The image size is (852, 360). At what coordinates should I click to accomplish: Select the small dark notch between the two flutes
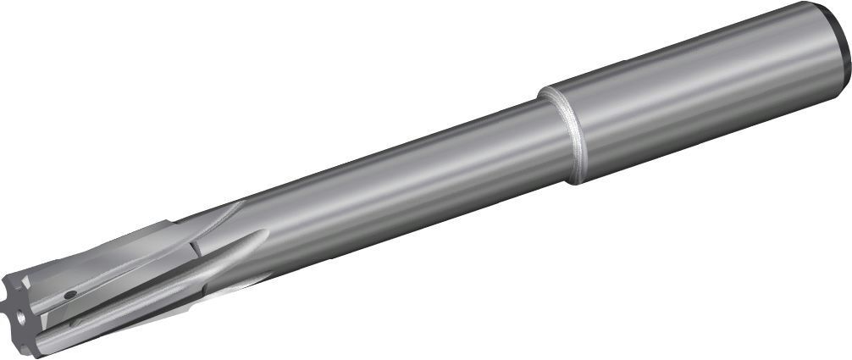coord(194,248)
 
